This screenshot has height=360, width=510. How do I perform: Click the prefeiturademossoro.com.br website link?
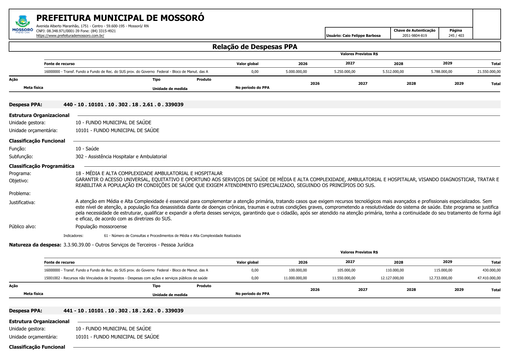coord(70,36)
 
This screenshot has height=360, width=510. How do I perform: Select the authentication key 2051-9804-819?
coord(414,36)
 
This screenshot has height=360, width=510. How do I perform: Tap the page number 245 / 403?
coord(456,36)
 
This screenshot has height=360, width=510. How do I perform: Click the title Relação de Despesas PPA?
coord(255,47)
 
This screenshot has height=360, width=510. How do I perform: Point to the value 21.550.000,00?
coord(489,72)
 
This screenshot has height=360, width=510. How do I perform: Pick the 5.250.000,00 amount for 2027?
coord(345,72)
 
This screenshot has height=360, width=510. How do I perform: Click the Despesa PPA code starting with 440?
coord(123,105)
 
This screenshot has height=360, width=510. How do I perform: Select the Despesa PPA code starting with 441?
coord(123,311)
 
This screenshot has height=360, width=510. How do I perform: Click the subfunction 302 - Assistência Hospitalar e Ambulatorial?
coord(121,156)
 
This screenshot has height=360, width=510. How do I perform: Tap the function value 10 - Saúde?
coord(87,149)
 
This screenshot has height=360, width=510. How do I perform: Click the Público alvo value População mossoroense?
coord(101,226)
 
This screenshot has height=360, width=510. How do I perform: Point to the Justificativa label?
coord(22,202)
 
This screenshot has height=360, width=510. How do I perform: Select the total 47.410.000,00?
coord(489,278)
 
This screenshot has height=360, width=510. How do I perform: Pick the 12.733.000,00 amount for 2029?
coord(440,278)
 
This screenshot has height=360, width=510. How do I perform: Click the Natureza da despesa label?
coord(35,245)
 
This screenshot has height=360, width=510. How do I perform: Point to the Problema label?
coord(20,193)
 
